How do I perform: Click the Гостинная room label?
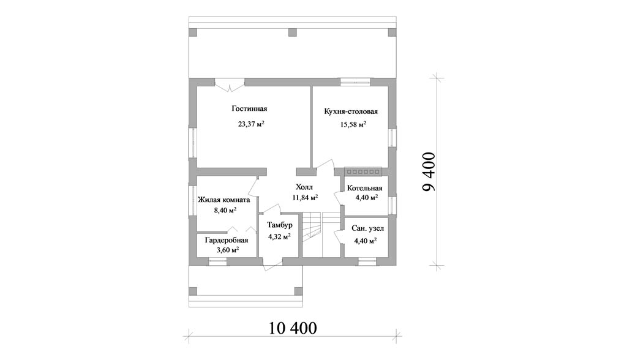[249, 109]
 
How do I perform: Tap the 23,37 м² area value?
[251, 124]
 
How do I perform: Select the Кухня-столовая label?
[351, 111]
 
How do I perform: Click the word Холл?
[304, 187]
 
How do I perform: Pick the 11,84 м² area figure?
[305, 197]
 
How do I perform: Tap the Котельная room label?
[365, 189]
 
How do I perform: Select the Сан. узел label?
[367, 228]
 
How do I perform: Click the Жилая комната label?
[224, 200]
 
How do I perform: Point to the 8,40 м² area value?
[225, 211]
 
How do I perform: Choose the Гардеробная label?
[227, 241]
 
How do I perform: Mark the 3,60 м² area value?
[228, 250]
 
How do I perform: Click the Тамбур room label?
[280, 225]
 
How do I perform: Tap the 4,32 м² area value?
[279, 236]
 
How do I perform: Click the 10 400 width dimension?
[293, 328]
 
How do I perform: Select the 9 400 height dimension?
[429, 172]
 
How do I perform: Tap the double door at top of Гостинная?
[230, 85]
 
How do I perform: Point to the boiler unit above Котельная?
[363, 171]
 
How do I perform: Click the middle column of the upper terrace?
[293, 32]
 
